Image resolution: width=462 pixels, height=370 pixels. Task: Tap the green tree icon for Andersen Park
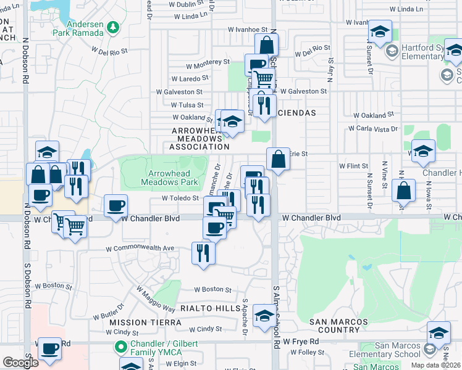[x=112, y=27]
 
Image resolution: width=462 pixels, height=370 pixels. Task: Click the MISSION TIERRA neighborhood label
[x=136, y=323]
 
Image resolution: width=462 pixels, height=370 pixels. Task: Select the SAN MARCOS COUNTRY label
[x=338, y=326]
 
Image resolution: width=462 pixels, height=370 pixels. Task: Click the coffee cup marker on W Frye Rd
[x=49, y=348]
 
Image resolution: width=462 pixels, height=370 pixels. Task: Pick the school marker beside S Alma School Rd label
[x=264, y=317]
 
